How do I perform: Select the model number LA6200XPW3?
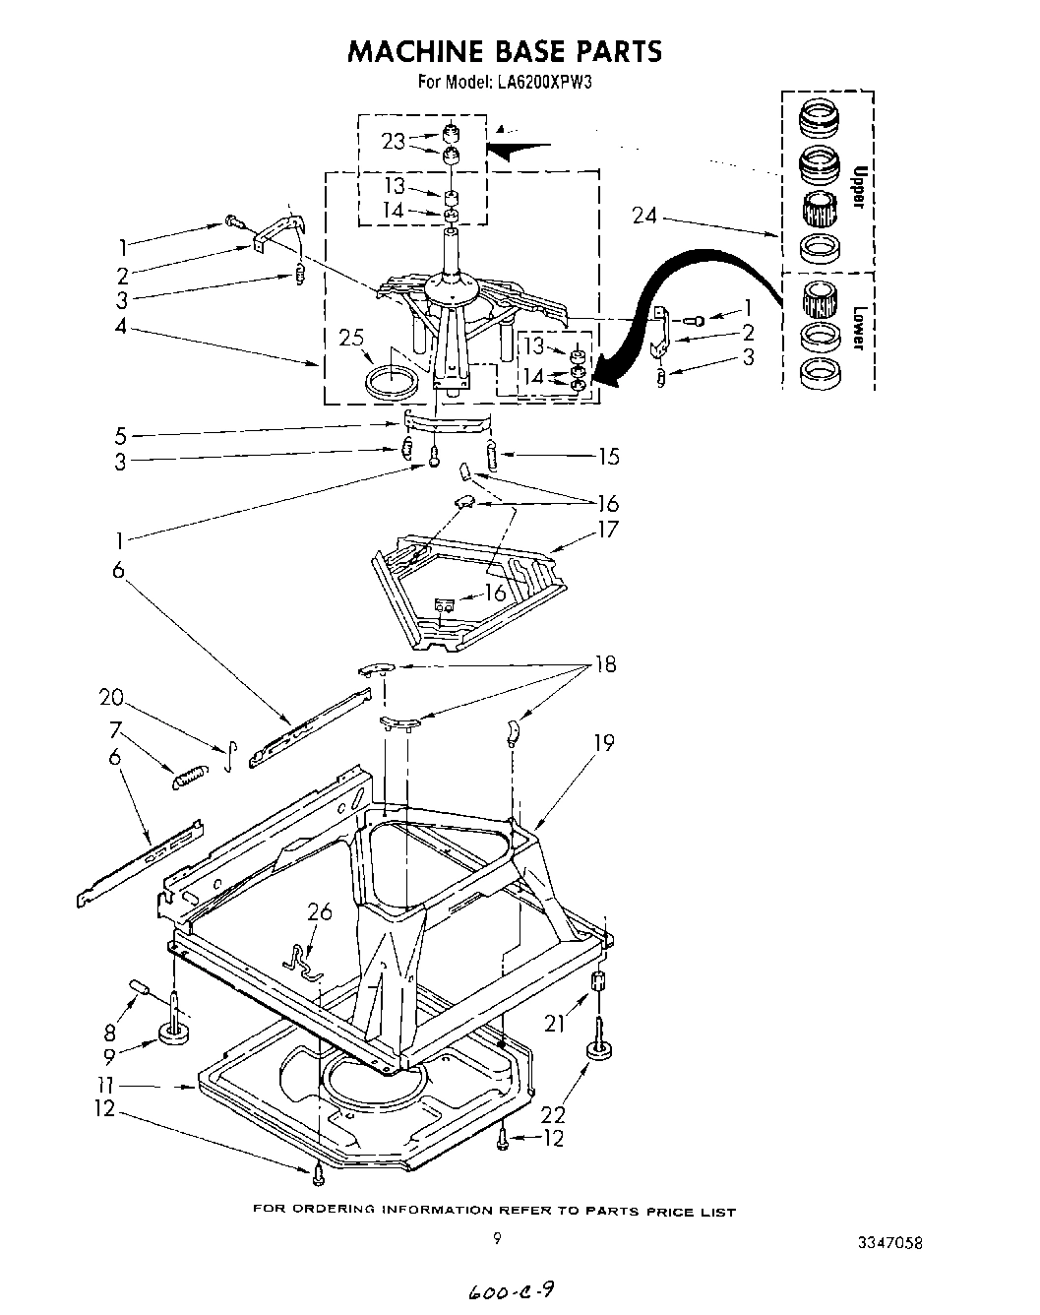[544, 83]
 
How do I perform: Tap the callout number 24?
[645, 215]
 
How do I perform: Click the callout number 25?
[350, 339]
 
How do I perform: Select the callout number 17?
[608, 529]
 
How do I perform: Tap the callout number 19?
[603, 742]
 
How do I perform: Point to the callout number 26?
[320, 912]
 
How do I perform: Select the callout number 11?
[106, 1085]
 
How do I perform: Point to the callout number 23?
[394, 142]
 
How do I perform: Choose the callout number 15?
[609, 456]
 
